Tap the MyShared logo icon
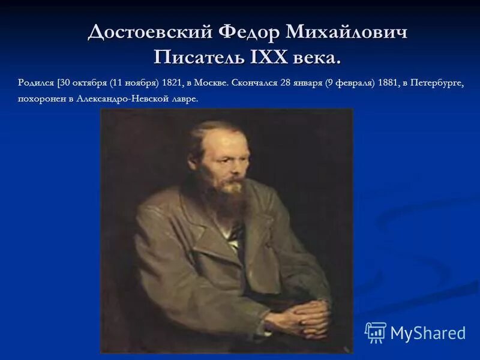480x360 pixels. coord(376,332)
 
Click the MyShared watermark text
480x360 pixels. coord(428,332)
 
